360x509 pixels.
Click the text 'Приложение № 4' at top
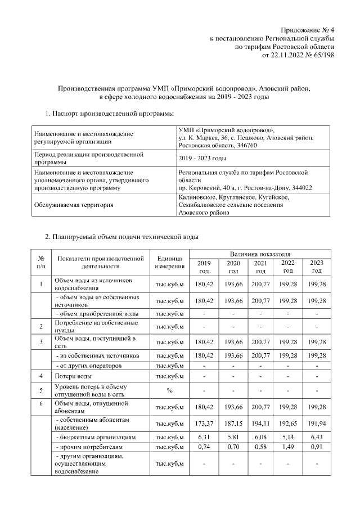point(308,30)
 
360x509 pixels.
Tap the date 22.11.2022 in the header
point(288,55)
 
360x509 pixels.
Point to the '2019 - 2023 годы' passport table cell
point(202,158)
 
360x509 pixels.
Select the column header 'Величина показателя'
point(260,255)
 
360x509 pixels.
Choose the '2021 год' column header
point(260,267)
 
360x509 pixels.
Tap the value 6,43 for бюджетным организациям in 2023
point(317,437)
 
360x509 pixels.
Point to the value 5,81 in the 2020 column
point(232,437)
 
